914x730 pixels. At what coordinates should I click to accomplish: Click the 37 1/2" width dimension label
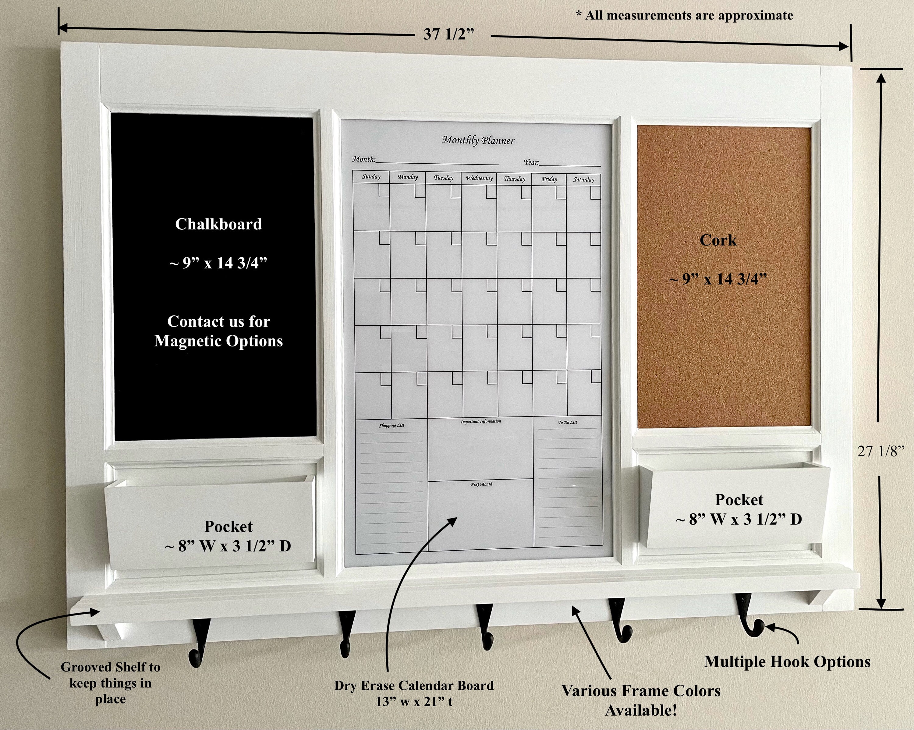point(448,34)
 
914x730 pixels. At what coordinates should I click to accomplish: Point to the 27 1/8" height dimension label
point(881,451)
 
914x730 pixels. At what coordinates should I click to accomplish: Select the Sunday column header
point(371,177)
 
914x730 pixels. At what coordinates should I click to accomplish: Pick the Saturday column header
point(584,180)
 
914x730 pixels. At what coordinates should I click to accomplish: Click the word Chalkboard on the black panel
point(218,224)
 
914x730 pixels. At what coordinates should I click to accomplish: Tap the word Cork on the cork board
point(718,240)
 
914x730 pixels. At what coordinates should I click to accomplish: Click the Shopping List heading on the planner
point(391,425)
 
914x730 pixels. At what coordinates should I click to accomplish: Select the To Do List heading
point(567,422)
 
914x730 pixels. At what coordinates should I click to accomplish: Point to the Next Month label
point(481,484)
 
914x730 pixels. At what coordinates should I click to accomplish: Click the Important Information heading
point(481,421)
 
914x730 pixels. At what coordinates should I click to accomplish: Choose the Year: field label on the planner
point(531,162)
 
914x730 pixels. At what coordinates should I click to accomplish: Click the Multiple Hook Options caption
point(787,662)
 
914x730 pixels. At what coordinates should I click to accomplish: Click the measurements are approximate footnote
point(685,16)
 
